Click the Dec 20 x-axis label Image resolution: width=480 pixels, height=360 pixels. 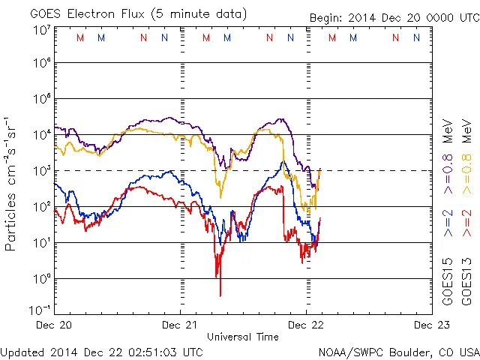tap(55, 325)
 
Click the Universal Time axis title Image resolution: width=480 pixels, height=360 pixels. tap(241, 337)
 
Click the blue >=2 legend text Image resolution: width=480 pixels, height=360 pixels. tap(448, 223)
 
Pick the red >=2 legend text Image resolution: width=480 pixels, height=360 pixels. tap(466, 223)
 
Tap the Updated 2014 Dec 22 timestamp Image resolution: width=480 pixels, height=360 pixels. tap(102, 351)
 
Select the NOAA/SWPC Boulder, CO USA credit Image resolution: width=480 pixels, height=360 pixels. tap(397, 351)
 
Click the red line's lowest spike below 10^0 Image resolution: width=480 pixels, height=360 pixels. tap(220, 295)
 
